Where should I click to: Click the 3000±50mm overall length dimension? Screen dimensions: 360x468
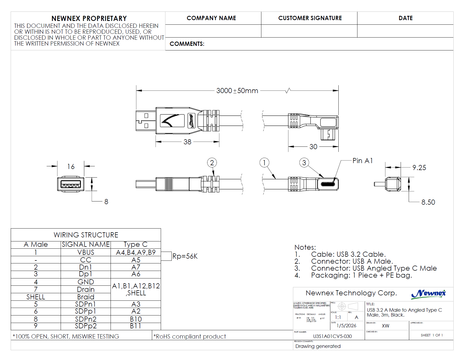coord(237,91)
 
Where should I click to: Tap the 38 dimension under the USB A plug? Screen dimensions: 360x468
coord(187,142)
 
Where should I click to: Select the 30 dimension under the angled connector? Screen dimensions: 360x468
coord(313,147)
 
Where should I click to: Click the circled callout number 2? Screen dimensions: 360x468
coord(212,163)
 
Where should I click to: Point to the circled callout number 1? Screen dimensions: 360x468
coord(264,163)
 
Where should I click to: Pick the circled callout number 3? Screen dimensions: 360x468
coord(304,163)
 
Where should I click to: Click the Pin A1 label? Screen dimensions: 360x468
coord(363,161)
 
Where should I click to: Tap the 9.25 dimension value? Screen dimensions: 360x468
coord(419,168)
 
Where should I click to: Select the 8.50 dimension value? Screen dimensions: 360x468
coord(428,202)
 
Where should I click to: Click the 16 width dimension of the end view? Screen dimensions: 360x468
coord(71,167)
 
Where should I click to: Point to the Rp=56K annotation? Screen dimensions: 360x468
coord(185,256)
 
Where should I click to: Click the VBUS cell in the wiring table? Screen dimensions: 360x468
coord(86,252)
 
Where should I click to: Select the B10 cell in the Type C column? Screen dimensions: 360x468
coord(136,319)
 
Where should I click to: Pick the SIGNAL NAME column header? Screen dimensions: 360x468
coord(86,244)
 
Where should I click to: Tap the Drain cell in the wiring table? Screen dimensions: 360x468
coord(86,289)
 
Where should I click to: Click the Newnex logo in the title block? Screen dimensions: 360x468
coord(428,294)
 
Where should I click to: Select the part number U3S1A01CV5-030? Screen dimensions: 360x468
coord(332,336)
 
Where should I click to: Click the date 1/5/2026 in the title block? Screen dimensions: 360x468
coord(346,326)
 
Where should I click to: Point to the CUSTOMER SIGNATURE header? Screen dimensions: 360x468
coord(310,18)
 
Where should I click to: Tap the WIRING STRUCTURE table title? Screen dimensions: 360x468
coord(86,235)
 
